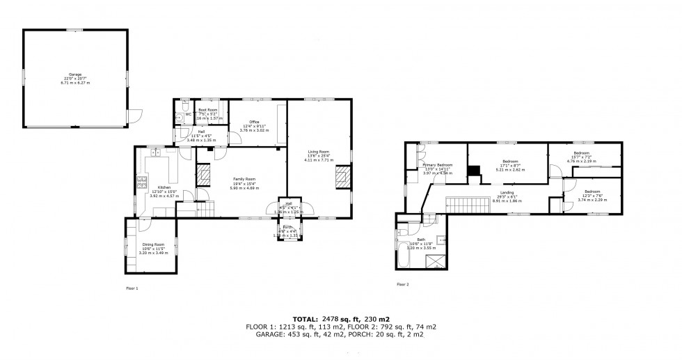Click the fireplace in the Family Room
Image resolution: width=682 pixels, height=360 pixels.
click(205, 175)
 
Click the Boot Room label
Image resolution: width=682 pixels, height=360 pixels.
click(208, 110)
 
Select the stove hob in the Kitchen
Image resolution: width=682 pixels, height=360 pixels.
click(142, 182)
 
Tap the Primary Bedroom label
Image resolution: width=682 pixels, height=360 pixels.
click(437, 165)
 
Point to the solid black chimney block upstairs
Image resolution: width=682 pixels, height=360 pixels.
click(473, 171)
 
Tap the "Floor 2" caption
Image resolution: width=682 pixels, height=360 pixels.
click(403, 284)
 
